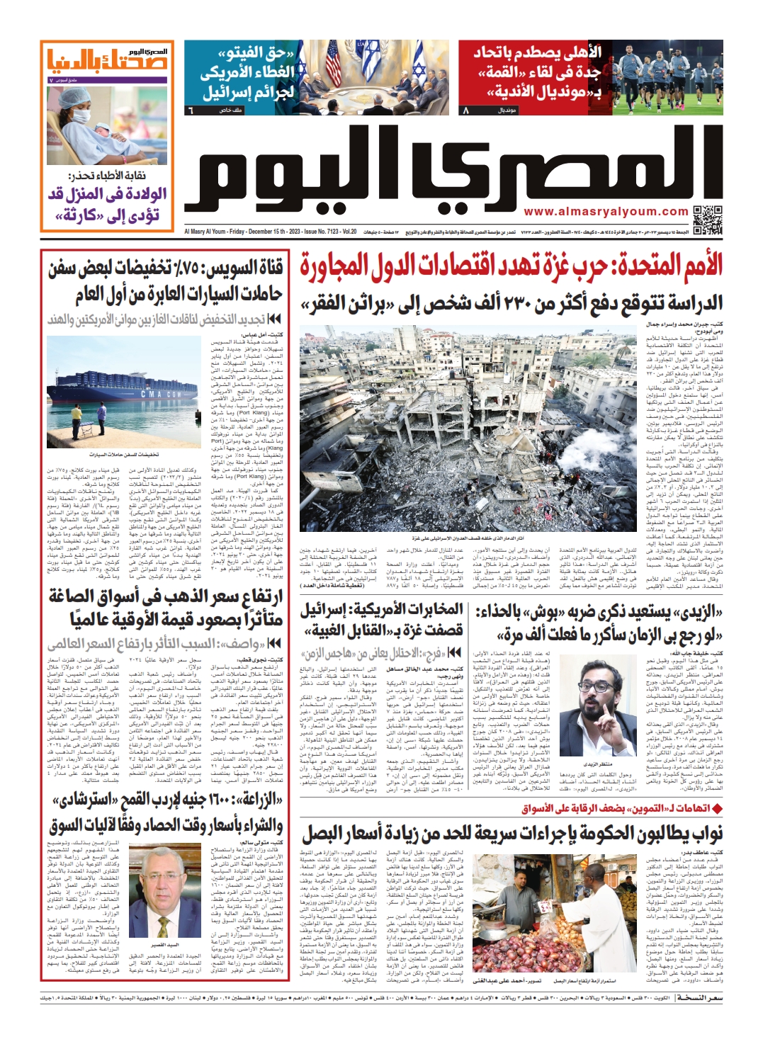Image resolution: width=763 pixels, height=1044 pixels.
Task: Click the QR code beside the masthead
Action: click(x=708, y=220)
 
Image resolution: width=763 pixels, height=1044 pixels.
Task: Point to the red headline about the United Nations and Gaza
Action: click(x=510, y=265)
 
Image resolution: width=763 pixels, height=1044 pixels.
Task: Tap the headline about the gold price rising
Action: click(x=166, y=608)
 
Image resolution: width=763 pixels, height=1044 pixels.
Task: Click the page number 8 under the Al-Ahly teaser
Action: click(x=465, y=111)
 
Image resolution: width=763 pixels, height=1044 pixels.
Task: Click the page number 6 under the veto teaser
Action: click(x=189, y=111)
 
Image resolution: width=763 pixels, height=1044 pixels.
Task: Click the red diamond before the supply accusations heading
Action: click(x=717, y=808)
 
